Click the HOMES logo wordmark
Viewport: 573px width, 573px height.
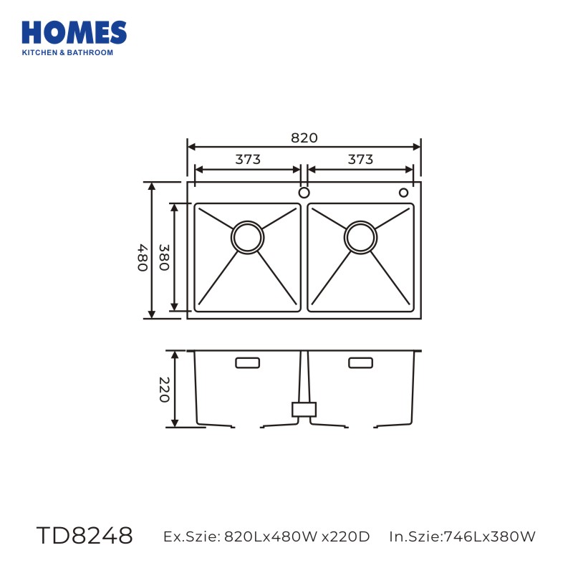click(74, 32)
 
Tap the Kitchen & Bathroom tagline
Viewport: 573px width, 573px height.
click(67, 52)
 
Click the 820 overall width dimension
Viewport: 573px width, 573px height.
click(304, 138)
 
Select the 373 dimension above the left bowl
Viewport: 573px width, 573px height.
click(248, 159)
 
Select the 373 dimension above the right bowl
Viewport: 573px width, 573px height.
click(360, 159)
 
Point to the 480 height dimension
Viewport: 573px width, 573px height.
click(143, 258)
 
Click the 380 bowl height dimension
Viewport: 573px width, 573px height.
click(164, 257)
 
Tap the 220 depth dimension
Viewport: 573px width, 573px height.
click(165, 390)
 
